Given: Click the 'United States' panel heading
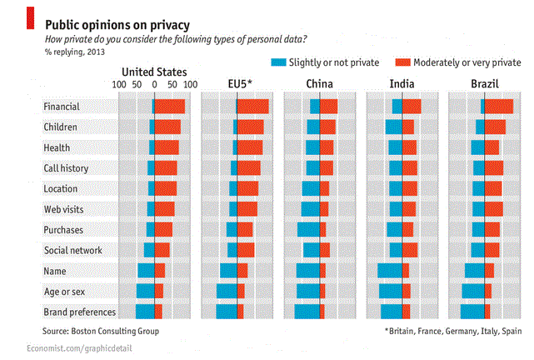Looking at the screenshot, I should click(x=154, y=72).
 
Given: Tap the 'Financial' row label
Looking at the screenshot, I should click(x=62, y=107).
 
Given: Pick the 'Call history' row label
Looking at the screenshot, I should click(x=66, y=168).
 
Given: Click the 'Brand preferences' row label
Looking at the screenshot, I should click(x=79, y=312).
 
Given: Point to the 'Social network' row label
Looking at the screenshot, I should click(x=72, y=250).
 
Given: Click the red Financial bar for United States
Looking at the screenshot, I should click(x=169, y=107).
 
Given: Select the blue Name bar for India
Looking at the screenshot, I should click(x=390, y=271).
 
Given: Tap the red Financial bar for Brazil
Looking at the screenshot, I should click(x=499, y=107).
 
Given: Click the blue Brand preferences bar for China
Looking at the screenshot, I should click(x=307, y=312).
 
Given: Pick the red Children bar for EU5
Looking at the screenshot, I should click(x=251, y=127).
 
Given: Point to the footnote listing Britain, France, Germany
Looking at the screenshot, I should click(x=453, y=331).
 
